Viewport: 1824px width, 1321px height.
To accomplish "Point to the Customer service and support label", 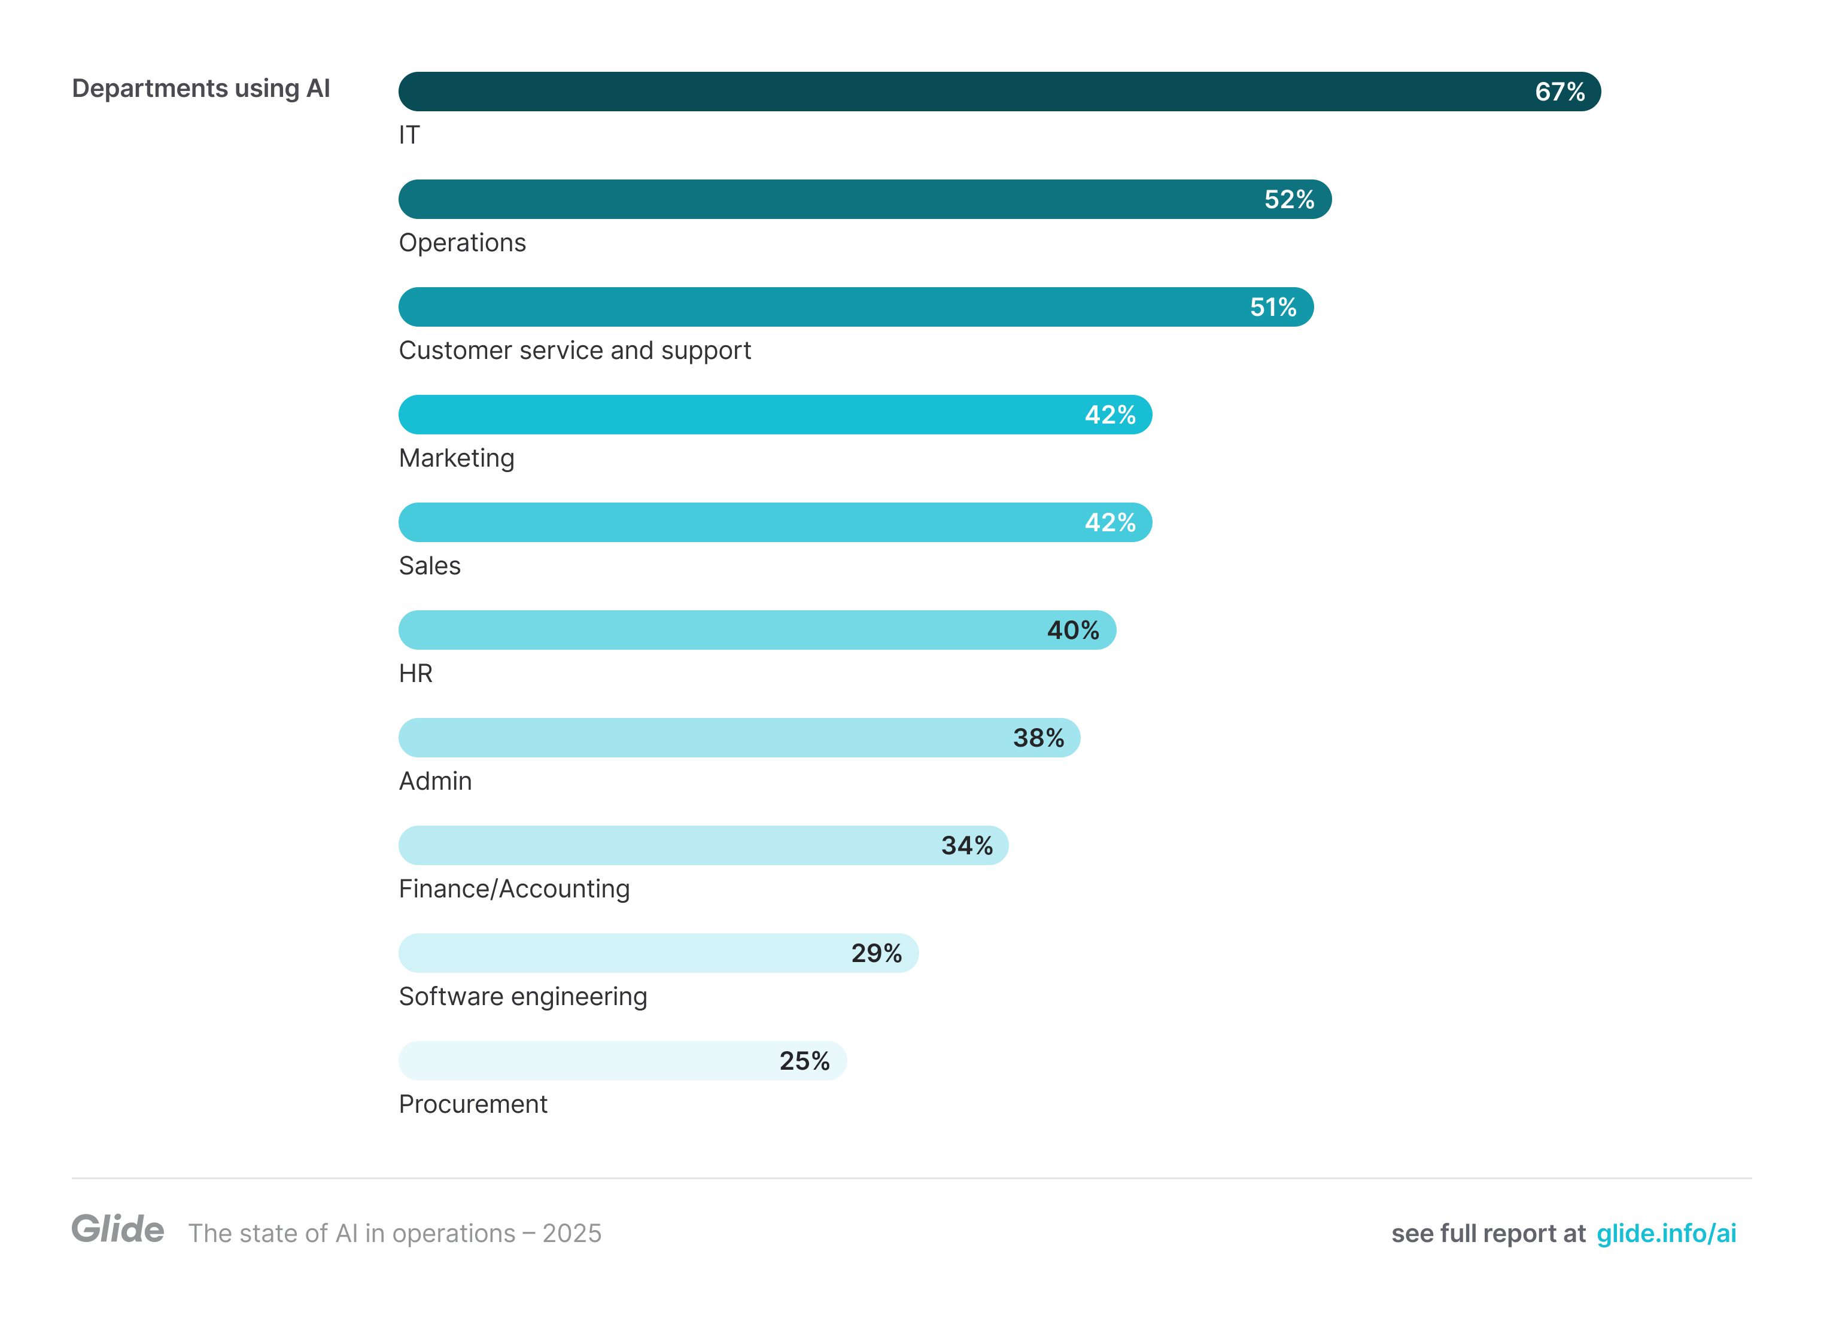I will tap(574, 351).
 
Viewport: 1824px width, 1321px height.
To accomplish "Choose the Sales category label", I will tap(430, 566).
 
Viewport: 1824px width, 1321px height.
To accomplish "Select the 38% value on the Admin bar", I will tap(1038, 738).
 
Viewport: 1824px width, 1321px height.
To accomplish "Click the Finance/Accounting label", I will tap(514, 889).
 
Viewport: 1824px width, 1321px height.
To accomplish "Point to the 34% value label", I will tap(966, 846).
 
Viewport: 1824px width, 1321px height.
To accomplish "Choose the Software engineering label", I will tap(523, 997).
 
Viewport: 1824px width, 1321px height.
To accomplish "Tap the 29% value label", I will tap(876, 954).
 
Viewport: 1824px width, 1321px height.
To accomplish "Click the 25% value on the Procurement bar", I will tap(804, 1061).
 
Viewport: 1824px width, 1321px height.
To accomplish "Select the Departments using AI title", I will tap(201, 89).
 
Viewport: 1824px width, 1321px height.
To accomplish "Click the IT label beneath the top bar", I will tap(409, 135).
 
